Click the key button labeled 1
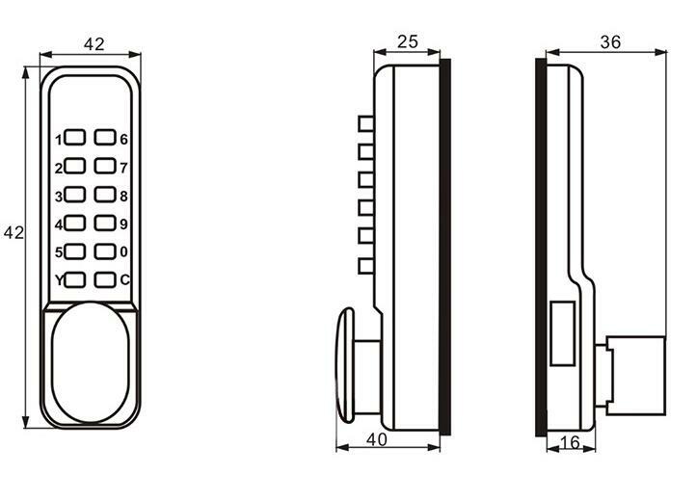77,139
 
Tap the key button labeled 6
105,139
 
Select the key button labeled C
105,280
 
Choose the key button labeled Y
77,280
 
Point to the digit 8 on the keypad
123,197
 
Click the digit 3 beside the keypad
59,197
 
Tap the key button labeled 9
105,224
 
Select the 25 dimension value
409,41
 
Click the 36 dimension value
609,41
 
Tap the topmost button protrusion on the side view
364,123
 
